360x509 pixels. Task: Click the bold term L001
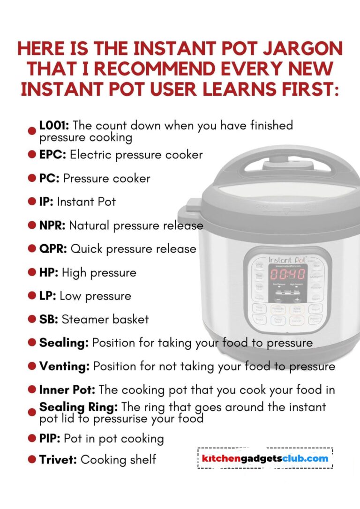54,126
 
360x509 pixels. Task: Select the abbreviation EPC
52,154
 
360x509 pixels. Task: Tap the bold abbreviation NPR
52,225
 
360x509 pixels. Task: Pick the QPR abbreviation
53,248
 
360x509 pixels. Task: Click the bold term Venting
64,366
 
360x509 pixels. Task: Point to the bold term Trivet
58,459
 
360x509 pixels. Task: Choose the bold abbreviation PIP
50,439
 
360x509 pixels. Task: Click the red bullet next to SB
32,319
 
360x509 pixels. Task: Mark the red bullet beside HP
32,272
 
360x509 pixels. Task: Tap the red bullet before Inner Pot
32,389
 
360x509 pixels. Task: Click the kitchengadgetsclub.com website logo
265,458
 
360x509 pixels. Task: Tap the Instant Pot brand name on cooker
286,259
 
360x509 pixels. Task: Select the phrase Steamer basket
105,319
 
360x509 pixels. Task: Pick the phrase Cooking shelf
118,459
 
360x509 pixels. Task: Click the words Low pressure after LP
95,296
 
